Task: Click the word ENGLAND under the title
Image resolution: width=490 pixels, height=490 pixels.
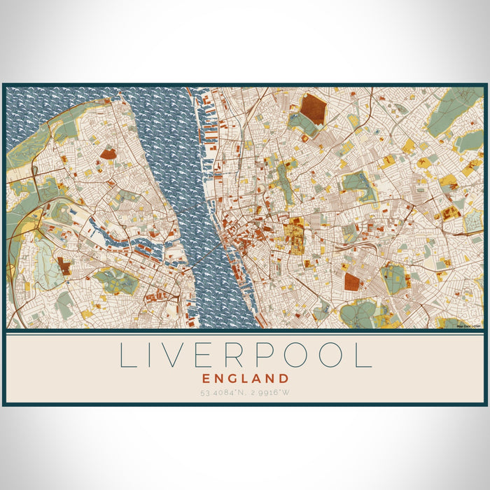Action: [x=244, y=378]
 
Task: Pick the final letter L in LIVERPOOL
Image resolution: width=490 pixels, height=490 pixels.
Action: [x=363, y=355]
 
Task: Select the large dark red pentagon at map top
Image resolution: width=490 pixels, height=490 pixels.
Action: [x=314, y=108]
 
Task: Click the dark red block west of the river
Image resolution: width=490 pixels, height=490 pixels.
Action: [x=108, y=153]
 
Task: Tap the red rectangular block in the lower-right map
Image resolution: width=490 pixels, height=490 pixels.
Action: [x=352, y=282]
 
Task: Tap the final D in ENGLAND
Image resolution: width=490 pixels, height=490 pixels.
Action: [x=284, y=378]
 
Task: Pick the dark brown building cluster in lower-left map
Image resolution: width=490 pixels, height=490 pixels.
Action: [x=64, y=266]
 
